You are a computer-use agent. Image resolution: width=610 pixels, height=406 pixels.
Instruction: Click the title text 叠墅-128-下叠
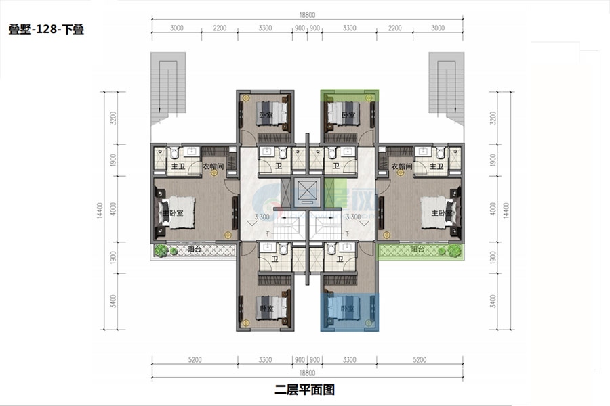[x=46, y=30]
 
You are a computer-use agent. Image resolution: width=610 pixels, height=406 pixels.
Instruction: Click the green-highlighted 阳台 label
[x=417, y=250]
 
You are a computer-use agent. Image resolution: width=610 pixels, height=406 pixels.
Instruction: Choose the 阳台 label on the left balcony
[x=195, y=250]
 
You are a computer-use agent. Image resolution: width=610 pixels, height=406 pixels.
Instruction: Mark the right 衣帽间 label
[x=401, y=166]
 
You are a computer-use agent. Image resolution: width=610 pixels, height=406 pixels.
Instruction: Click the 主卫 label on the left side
[x=178, y=166]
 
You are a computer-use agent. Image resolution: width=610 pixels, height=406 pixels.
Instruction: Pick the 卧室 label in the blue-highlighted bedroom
[x=348, y=309]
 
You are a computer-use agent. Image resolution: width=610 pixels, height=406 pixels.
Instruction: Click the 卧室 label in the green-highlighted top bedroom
[x=348, y=115]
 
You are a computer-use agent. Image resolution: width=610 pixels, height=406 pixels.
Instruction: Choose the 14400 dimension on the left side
[x=103, y=210]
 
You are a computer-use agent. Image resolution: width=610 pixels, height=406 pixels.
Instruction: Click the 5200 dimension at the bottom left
[x=193, y=361]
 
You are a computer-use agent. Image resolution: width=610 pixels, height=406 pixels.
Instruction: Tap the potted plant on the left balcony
[x=161, y=250]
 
